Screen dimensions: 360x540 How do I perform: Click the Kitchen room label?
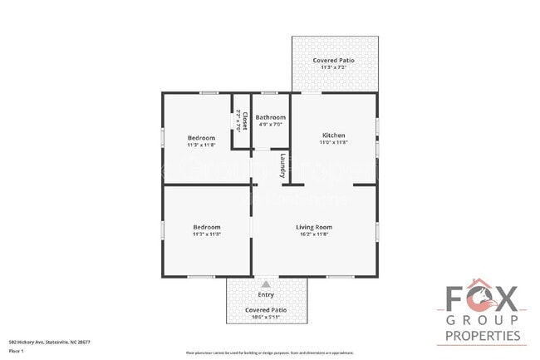point(333,136)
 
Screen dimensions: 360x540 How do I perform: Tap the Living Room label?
point(314,227)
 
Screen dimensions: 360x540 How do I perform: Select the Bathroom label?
point(270,117)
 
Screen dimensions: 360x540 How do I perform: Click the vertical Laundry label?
point(283,166)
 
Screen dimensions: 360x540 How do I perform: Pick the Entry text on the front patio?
point(266,293)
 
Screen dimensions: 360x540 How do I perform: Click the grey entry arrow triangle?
point(266,284)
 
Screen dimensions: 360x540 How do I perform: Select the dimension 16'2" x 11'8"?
point(314,234)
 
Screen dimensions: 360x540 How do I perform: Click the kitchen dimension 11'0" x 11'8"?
point(333,143)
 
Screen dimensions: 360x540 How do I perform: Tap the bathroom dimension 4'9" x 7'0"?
point(270,125)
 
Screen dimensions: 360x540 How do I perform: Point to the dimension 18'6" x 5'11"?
point(266,317)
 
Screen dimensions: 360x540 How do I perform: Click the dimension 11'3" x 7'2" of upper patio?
point(333,68)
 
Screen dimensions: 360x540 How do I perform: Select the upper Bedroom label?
point(201,137)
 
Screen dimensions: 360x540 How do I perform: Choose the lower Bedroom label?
point(207,227)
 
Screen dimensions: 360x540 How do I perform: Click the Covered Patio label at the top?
point(333,61)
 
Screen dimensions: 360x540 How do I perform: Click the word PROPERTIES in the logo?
point(484,336)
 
